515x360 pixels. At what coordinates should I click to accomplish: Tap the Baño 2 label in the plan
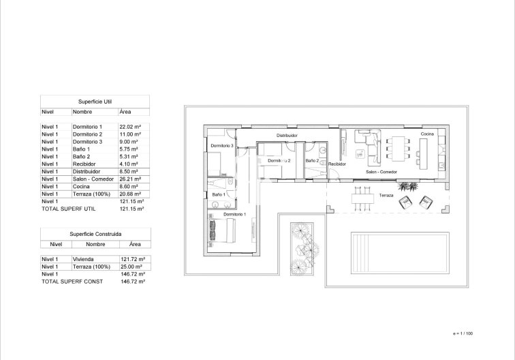[x=312, y=160]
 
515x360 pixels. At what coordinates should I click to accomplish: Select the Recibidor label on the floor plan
[x=337, y=164]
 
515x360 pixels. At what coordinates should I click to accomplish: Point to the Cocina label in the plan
[x=426, y=134]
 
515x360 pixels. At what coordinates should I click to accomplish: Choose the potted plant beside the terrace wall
[x=407, y=185]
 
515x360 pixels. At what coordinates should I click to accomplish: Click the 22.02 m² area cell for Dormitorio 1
[x=129, y=127]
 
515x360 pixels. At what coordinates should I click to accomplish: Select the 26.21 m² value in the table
[x=129, y=179]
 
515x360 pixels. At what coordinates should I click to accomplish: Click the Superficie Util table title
[x=93, y=100]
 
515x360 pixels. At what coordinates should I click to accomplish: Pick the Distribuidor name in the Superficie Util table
[x=87, y=172]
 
